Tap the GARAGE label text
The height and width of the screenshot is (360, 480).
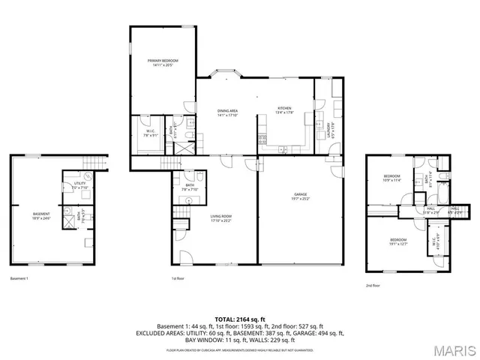300,196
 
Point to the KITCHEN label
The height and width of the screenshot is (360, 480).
284,110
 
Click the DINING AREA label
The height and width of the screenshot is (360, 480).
227,113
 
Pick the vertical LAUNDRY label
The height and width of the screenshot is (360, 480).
322,130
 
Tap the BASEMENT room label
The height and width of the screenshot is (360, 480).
41,216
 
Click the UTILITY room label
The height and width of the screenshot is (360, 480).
79,186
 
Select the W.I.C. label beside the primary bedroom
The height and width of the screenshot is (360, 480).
150,134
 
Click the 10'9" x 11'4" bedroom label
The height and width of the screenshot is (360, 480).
393,178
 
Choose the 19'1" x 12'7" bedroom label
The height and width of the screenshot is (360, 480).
397,241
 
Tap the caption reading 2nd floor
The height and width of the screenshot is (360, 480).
373,286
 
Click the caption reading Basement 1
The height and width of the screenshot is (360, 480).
19,279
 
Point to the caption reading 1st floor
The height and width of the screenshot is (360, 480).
178,279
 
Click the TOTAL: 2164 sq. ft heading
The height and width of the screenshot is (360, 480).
239,319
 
